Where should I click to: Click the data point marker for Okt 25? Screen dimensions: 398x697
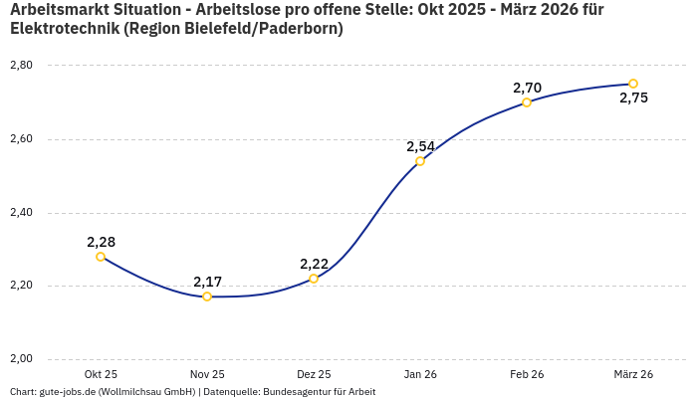point(101,257)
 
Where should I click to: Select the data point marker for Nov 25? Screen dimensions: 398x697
point(207,297)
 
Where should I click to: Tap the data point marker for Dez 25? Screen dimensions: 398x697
point(314,279)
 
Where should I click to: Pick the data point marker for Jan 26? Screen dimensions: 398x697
point(420,161)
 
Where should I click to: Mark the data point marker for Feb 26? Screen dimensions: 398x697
point(527,102)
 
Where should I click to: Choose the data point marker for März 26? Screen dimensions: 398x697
point(633,84)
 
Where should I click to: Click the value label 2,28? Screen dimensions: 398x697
point(101,242)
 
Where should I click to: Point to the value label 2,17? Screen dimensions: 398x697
point(207,282)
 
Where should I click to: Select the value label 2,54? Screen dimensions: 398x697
point(420,146)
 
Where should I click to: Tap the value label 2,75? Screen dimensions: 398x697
point(633,98)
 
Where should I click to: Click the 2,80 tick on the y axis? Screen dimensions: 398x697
point(21,66)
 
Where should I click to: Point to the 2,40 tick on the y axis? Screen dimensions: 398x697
point(21,213)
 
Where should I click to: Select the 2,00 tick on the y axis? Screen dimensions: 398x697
point(21,359)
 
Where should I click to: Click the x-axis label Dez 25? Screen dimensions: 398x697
point(314,374)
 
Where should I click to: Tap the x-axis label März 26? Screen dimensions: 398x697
point(633,374)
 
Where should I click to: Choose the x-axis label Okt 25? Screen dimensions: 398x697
point(101,374)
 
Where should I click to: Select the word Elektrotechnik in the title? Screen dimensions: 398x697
point(65,29)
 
